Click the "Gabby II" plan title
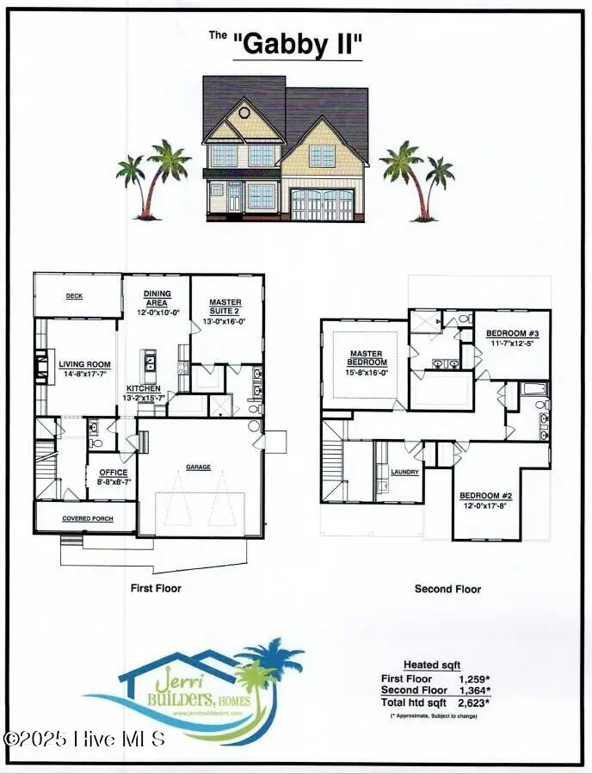click(x=298, y=45)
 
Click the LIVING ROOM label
click(x=84, y=364)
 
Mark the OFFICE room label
click(x=113, y=473)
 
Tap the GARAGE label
click(x=199, y=467)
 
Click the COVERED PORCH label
click(x=86, y=518)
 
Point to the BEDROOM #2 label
click(x=485, y=496)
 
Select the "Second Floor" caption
click(x=447, y=589)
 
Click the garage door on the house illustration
click(x=322, y=205)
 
